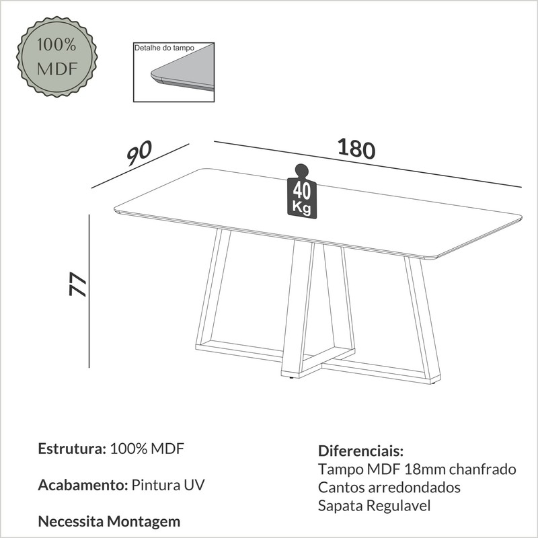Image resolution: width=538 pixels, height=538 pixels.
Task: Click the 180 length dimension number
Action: tap(356, 149)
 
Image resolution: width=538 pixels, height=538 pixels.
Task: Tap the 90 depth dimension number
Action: tap(139, 153)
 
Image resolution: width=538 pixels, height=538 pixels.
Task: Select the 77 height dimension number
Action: tap(77, 284)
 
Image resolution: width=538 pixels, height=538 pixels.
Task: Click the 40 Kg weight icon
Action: tap(301, 191)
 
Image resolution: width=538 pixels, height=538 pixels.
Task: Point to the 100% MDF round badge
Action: tap(57, 56)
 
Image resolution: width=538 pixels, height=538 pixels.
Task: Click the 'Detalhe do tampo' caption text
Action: tap(164, 48)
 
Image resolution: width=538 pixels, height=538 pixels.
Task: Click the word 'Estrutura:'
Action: tap(72, 449)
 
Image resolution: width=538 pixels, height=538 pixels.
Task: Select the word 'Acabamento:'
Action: tap(83, 485)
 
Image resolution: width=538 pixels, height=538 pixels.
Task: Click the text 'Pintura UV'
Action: tap(168, 485)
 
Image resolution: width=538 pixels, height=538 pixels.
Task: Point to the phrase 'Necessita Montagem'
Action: tap(109, 521)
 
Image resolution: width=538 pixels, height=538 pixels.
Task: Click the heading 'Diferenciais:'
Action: tap(361, 451)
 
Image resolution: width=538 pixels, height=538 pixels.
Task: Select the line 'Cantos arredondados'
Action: tap(389, 487)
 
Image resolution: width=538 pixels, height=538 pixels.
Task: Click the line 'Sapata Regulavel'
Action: tap(374, 506)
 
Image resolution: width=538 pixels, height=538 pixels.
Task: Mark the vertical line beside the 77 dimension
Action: tap(89, 291)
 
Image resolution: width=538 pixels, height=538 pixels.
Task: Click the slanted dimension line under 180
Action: tap(368, 164)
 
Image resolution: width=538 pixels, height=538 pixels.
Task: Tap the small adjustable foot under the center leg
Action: tap(291, 378)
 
